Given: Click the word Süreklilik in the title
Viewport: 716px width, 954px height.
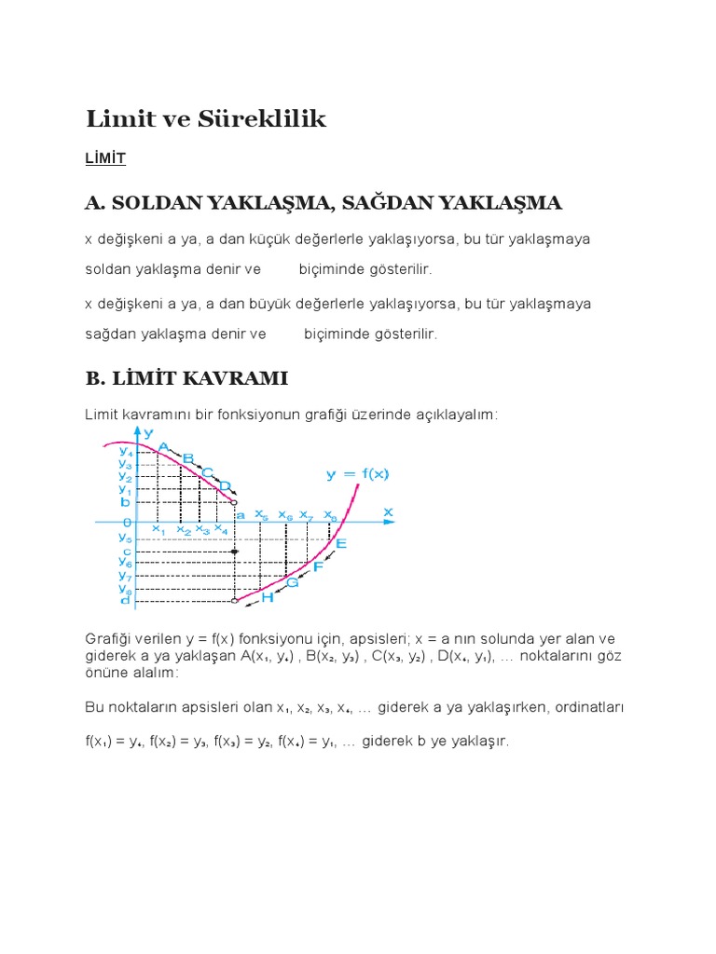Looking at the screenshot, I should (269, 119).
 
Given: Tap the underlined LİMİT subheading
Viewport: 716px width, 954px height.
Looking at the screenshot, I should (104, 159).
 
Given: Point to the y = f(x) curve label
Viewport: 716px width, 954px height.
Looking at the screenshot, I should (357, 473).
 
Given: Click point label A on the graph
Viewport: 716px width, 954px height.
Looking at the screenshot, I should (164, 447).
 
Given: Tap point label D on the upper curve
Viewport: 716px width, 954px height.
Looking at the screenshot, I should (224, 485).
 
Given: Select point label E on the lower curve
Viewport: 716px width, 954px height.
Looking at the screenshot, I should (340, 543).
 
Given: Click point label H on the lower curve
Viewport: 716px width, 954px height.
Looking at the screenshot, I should (267, 596).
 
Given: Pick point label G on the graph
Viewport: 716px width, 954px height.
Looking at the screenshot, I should (292, 582).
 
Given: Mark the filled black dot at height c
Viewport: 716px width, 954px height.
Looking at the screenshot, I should (235, 552).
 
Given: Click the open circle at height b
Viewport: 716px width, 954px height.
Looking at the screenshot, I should (234, 502).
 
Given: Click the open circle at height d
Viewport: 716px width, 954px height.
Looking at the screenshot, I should (235, 602).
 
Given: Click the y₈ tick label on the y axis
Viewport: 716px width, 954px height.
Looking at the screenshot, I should (124, 588).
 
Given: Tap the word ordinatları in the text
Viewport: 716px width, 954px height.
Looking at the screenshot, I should (588, 707).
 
